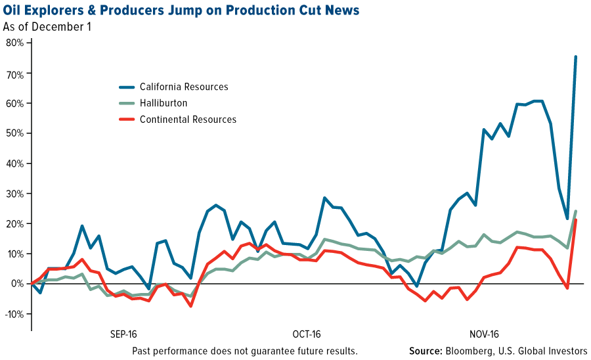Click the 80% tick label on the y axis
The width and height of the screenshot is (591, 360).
(14, 43)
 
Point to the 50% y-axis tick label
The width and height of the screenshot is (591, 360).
(14, 133)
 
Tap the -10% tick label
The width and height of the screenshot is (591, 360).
(13, 313)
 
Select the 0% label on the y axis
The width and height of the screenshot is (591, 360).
(16, 284)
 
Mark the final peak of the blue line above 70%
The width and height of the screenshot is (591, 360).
(576, 56)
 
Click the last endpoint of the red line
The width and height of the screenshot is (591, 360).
(576, 220)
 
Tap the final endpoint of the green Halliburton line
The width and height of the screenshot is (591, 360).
(576, 212)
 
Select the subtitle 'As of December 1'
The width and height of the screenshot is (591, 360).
(47, 28)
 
